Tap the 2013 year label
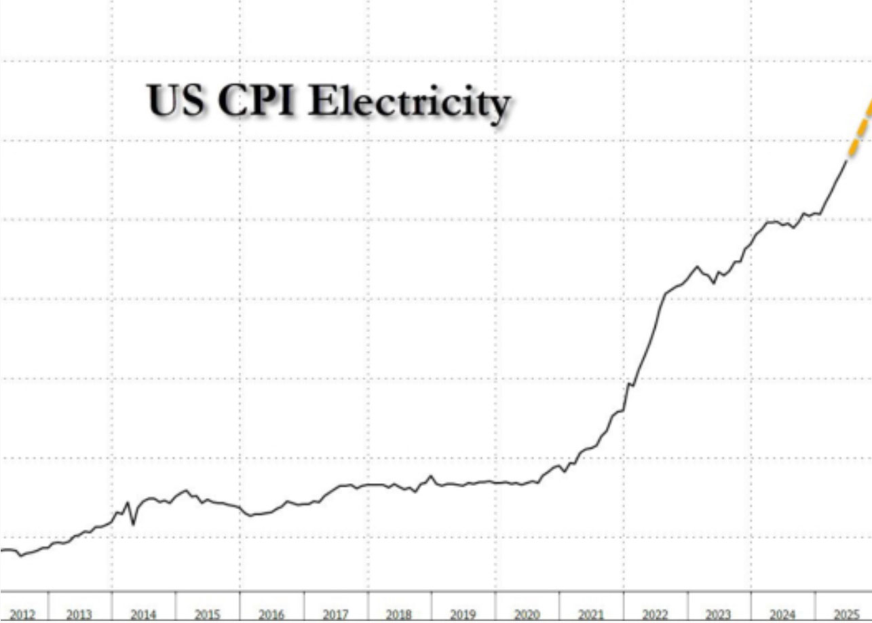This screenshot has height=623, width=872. [79, 615]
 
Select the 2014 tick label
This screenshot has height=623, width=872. [143, 615]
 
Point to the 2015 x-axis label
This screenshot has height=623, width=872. [208, 615]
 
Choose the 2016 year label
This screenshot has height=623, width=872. [271, 615]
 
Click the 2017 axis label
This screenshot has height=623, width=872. [335, 615]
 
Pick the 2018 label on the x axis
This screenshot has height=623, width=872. [399, 615]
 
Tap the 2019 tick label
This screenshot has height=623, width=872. [463, 615]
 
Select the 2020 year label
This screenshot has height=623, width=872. [527, 615]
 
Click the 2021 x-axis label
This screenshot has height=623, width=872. [590, 615]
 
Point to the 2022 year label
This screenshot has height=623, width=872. [654, 615]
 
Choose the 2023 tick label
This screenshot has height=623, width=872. [718, 615]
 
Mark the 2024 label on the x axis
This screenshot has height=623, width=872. [782, 615]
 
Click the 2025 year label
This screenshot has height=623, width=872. [846, 615]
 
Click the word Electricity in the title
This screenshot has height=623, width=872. [409, 102]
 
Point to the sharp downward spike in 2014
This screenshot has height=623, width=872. [133, 523]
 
